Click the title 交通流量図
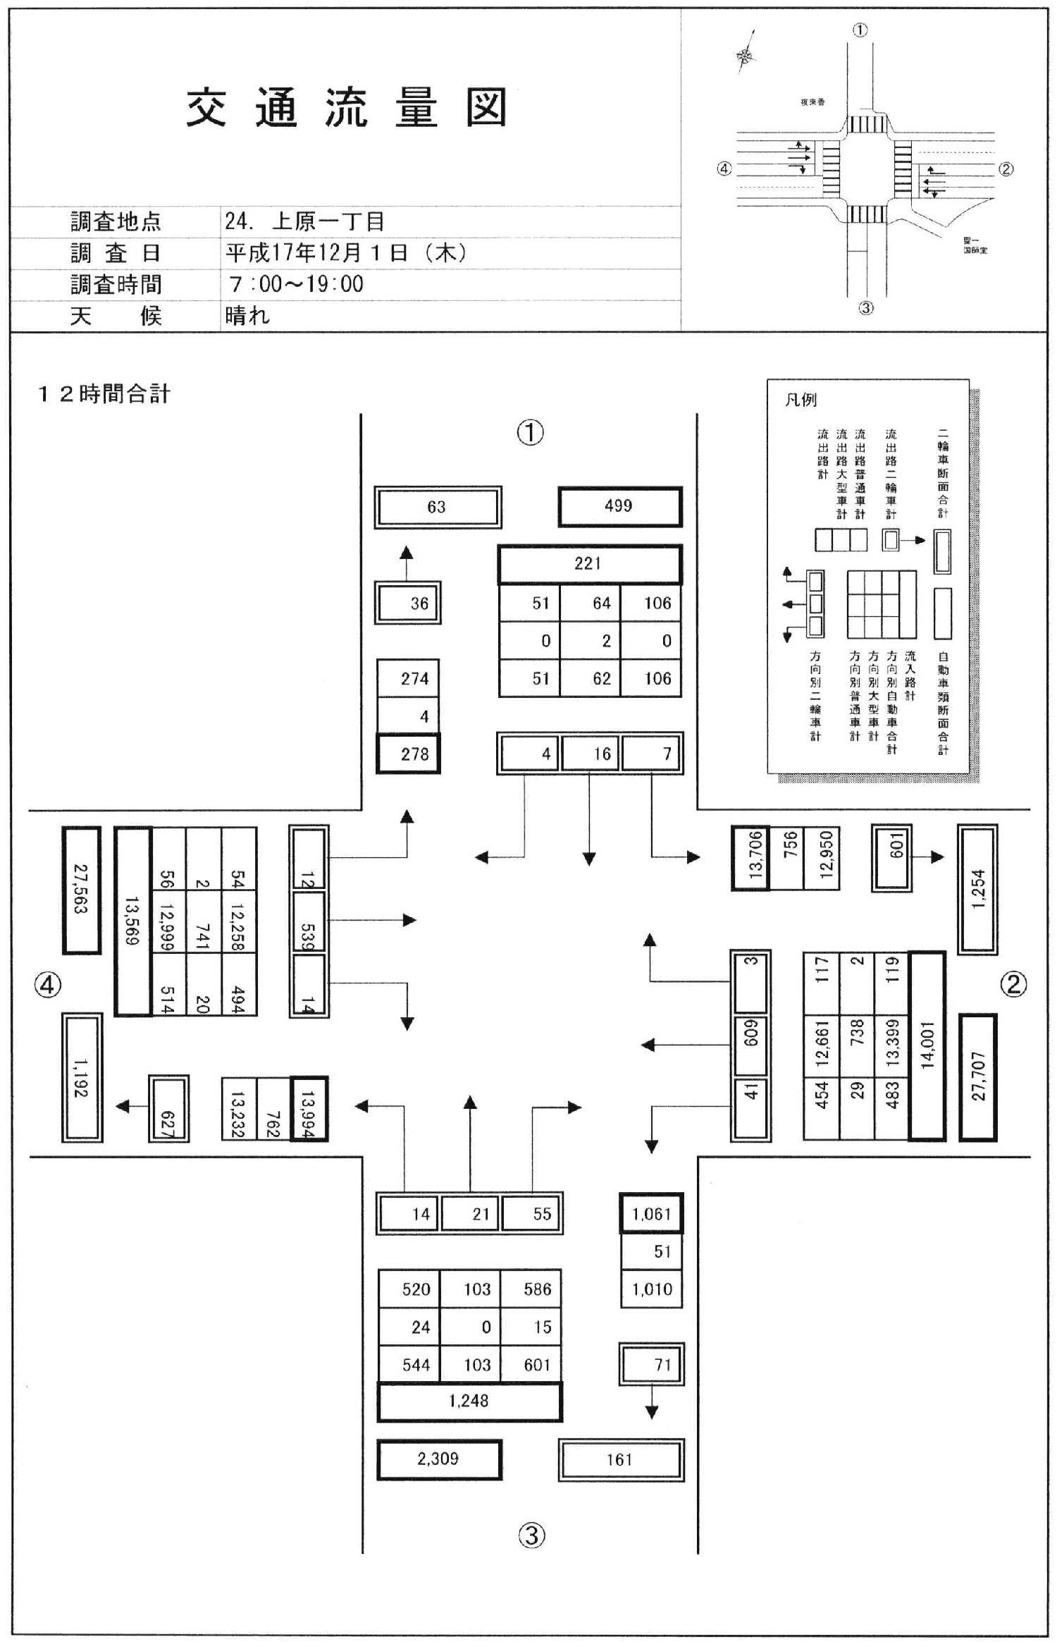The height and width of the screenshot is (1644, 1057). click(x=347, y=108)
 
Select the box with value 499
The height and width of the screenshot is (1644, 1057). click(x=619, y=506)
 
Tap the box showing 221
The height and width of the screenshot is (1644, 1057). click(x=589, y=564)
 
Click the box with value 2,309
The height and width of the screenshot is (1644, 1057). click(x=438, y=1459)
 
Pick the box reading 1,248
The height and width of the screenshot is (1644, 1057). click(x=469, y=1401)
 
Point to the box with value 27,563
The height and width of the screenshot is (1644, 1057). click(x=81, y=890)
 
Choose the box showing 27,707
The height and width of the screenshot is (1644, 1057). click(x=978, y=1076)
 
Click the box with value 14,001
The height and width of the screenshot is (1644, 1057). click(x=927, y=1045)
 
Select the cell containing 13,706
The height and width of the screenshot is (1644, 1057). click(x=750, y=858)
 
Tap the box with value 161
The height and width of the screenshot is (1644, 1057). click(x=620, y=1459)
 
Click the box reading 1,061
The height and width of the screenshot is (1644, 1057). click(x=652, y=1214)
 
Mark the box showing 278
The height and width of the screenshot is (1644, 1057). click(x=409, y=754)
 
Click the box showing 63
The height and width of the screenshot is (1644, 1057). click(x=437, y=507)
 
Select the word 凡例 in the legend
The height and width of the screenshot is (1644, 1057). click(x=801, y=400)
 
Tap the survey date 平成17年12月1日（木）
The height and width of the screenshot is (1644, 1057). click(x=346, y=253)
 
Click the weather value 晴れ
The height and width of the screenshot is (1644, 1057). click(x=247, y=315)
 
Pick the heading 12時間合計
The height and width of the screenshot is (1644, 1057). click(x=104, y=393)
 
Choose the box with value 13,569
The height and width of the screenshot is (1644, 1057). click(x=132, y=921)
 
